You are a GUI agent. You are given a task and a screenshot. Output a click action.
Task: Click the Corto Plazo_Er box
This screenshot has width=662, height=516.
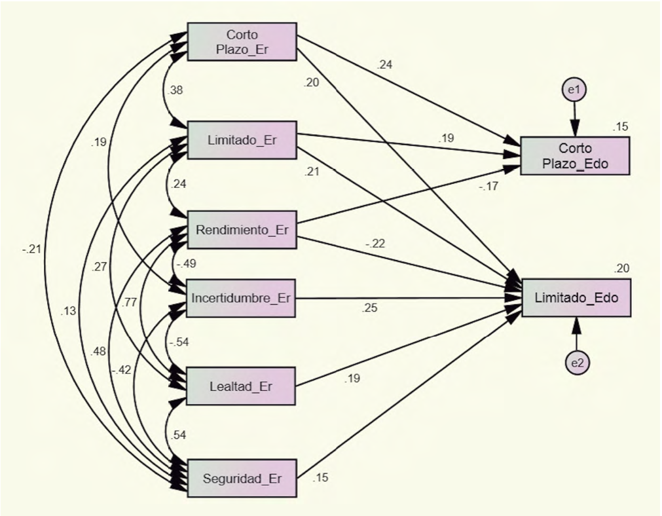point(242,41)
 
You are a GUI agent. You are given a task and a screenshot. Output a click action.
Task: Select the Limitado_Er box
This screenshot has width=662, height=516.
point(242,139)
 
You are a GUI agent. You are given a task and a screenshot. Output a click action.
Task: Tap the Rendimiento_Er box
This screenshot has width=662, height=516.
point(242,230)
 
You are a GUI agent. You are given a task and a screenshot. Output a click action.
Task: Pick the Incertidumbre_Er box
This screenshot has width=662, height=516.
point(242,298)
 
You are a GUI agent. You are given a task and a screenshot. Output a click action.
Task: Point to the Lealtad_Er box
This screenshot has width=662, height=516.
point(242,386)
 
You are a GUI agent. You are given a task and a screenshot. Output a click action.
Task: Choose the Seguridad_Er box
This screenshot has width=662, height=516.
point(242,478)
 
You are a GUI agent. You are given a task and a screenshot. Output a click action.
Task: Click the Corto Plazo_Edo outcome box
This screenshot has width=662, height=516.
point(576,156)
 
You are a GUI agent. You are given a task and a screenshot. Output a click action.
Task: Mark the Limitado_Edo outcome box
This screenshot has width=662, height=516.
point(576,298)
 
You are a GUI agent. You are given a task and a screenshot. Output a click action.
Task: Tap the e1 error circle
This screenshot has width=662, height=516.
point(574,90)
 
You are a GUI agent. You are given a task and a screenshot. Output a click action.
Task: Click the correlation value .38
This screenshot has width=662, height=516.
point(176,90)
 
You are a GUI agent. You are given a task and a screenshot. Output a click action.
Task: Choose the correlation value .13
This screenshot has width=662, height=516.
point(69,311)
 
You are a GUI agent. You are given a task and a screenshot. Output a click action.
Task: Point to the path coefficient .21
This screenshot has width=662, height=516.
point(311,173)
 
